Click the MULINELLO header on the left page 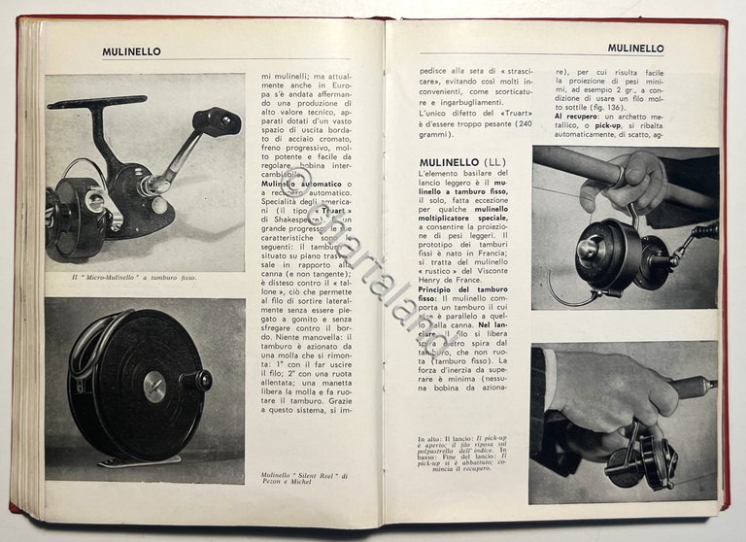132,51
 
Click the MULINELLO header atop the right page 635,48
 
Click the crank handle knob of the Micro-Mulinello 218,121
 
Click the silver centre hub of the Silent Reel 154,387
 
